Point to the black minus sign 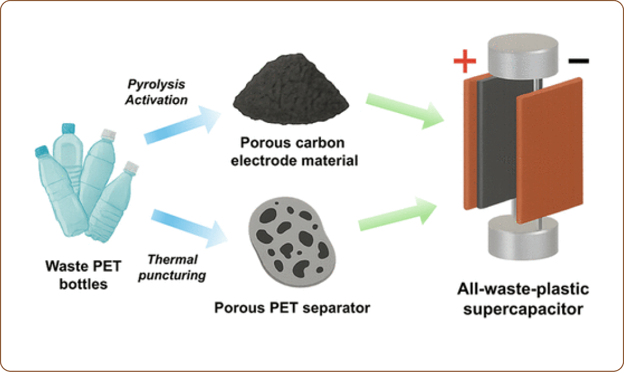point(578,61)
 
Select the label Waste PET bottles point(83,275)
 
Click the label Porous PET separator point(292,308)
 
